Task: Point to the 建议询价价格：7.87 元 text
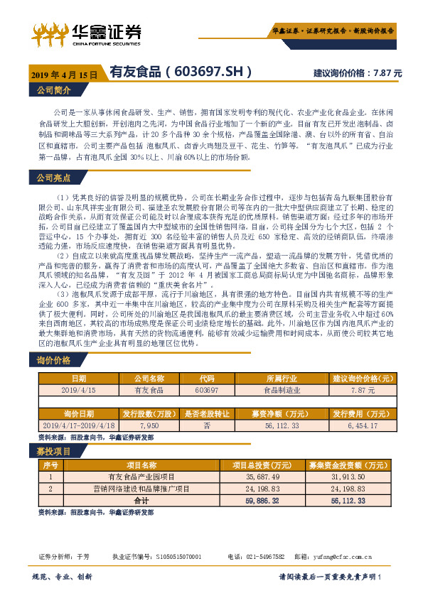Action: [x=358, y=73]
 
